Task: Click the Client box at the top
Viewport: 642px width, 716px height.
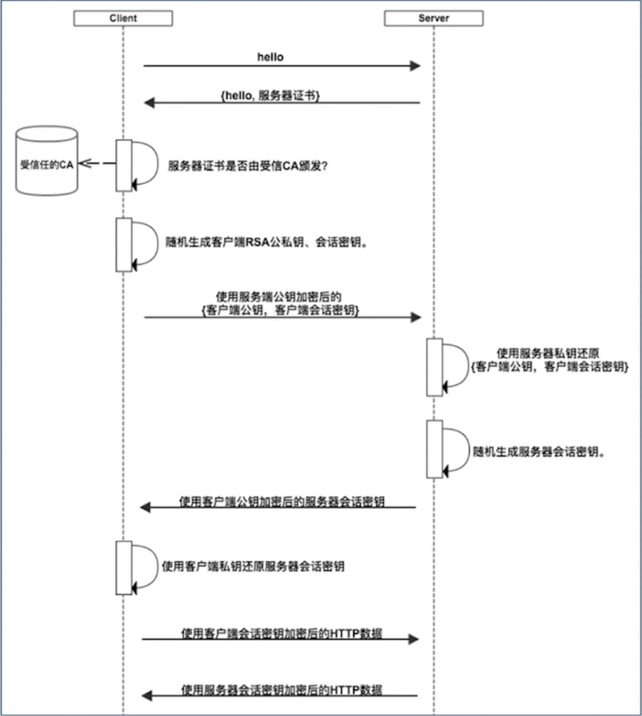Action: tap(123, 18)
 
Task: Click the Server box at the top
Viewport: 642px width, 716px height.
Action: tap(434, 18)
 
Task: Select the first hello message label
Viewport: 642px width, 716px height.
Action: tap(270, 57)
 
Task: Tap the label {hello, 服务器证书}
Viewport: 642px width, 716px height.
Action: tap(270, 96)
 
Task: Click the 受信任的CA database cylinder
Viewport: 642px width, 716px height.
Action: tap(47, 161)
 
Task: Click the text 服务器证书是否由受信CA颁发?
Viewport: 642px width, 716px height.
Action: tap(247, 166)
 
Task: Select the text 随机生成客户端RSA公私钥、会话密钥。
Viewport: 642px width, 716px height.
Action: tap(266, 242)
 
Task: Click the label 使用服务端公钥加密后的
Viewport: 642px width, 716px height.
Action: tap(279, 297)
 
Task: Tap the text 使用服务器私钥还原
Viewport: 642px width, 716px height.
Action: tap(548, 353)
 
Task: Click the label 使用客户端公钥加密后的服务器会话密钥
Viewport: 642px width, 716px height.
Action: tap(281, 502)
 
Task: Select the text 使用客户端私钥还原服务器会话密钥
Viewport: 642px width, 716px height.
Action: tap(253, 567)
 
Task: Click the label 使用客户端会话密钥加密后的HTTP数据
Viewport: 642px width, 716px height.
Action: tap(281, 633)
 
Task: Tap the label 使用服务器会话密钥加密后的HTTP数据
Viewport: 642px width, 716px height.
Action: tap(281, 690)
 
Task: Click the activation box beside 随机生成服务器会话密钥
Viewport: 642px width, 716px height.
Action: tap(434, 449)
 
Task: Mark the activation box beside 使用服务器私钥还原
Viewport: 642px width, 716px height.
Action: tap(434, 367)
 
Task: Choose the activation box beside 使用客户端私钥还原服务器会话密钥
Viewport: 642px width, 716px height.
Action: tap(123, 568)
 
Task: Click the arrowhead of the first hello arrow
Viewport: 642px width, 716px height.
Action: tap(415, 66)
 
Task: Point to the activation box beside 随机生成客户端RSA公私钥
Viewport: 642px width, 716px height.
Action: tap(123, 244)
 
